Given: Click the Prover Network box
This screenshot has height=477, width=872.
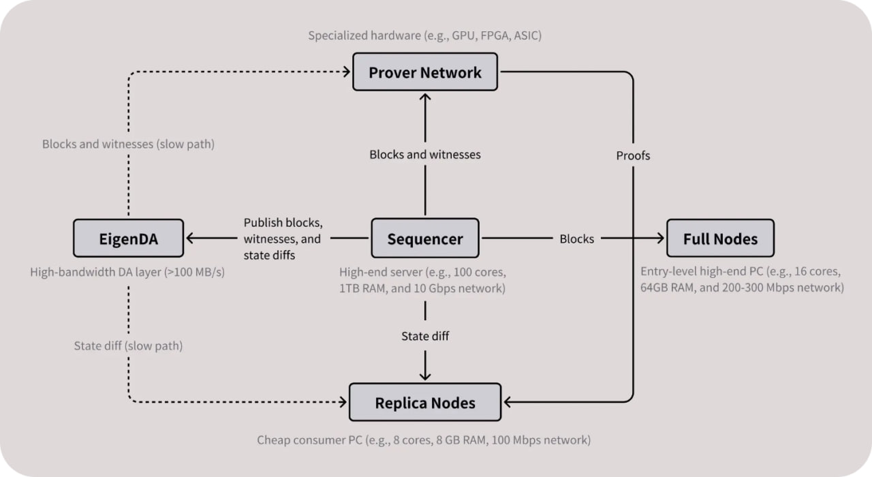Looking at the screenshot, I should pos(425,72).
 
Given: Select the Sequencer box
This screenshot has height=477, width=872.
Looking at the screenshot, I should pos(424,238).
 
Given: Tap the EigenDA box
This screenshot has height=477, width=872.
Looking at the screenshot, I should pos(128,238).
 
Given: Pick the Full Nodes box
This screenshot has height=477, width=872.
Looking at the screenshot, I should pos(720,238).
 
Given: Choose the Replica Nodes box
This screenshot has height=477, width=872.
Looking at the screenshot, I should pos(425,403).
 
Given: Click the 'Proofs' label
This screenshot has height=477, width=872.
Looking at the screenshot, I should pos(633,155).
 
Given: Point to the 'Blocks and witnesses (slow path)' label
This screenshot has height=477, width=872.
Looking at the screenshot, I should pos(127,144).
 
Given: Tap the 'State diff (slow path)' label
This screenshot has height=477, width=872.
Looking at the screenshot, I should pos(128,345).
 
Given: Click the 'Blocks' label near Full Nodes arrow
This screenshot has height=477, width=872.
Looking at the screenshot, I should pos(576,238).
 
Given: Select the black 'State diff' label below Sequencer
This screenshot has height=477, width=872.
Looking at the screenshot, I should pos(425,336).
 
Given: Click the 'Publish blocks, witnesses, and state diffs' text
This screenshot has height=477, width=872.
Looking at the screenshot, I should pos(283,239).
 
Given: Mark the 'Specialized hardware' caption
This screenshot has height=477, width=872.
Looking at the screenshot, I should pos(424,35).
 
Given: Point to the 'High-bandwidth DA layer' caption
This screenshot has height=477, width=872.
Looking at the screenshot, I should pos(127,272).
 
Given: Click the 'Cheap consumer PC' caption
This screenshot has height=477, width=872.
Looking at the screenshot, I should pos(424,440).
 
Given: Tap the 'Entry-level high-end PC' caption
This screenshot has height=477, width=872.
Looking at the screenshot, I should pos(742,279).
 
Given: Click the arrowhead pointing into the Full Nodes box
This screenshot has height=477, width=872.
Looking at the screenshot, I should pos(659,238).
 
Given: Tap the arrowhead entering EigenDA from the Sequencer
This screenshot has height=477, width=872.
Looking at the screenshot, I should pos(191,238).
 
